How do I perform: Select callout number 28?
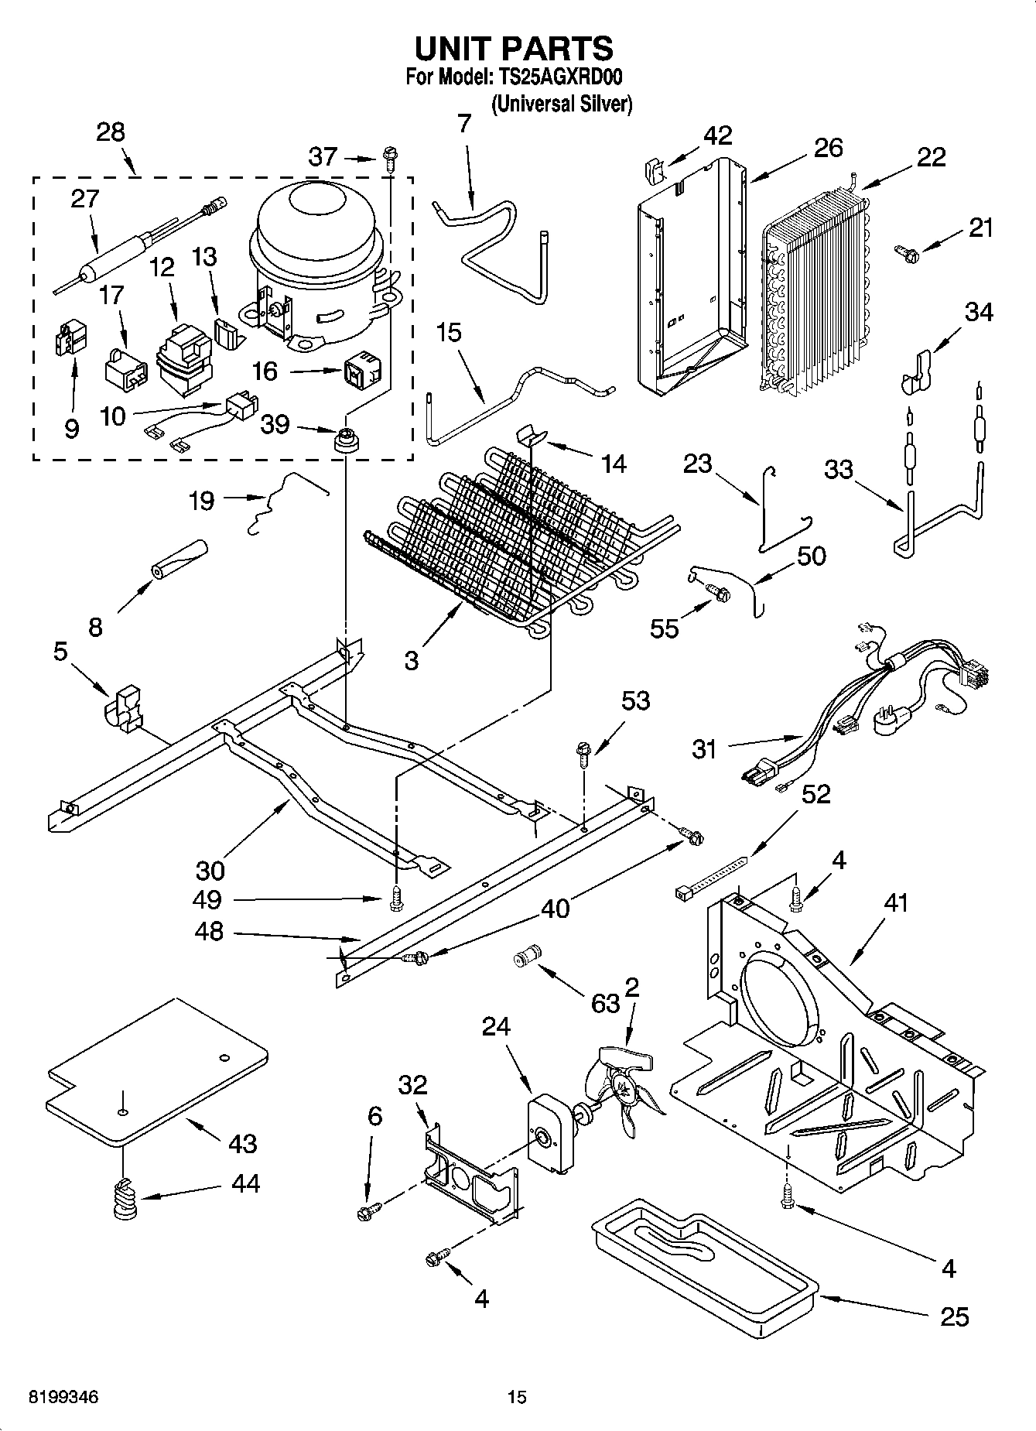[111, 132]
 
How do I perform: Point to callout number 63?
[606, 1003]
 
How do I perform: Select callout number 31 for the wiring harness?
[704, 748]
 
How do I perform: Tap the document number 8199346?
[63, 1397]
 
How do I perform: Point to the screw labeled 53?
[584, 751]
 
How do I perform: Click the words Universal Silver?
[562, 104]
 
